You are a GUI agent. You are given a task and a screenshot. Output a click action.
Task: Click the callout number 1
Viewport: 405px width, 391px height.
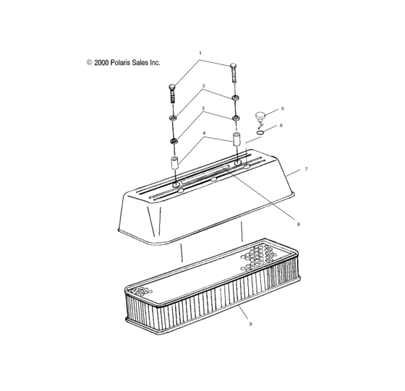[x=201, y=53]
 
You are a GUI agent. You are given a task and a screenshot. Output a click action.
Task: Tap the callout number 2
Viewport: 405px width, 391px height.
[x=204, y=85]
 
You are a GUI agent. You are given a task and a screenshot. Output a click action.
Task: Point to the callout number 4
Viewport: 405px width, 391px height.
[x=204, y=133]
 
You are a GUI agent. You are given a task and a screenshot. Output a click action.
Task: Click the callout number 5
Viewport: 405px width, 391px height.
[x=282, y=108]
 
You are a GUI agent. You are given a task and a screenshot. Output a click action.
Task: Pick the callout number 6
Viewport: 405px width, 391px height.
[x=282, y=125]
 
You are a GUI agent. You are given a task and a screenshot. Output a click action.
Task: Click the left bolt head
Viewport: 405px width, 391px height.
[x=171, y=89]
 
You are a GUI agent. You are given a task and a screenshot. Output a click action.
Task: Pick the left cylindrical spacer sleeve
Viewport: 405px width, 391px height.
[x=174, y=163]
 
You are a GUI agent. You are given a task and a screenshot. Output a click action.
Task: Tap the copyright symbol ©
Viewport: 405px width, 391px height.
[x=88, y=63]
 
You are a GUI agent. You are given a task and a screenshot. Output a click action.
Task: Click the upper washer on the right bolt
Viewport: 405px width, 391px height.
[x=236, y=97]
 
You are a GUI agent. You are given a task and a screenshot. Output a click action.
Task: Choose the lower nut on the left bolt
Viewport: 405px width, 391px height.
[x=174, y=139]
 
